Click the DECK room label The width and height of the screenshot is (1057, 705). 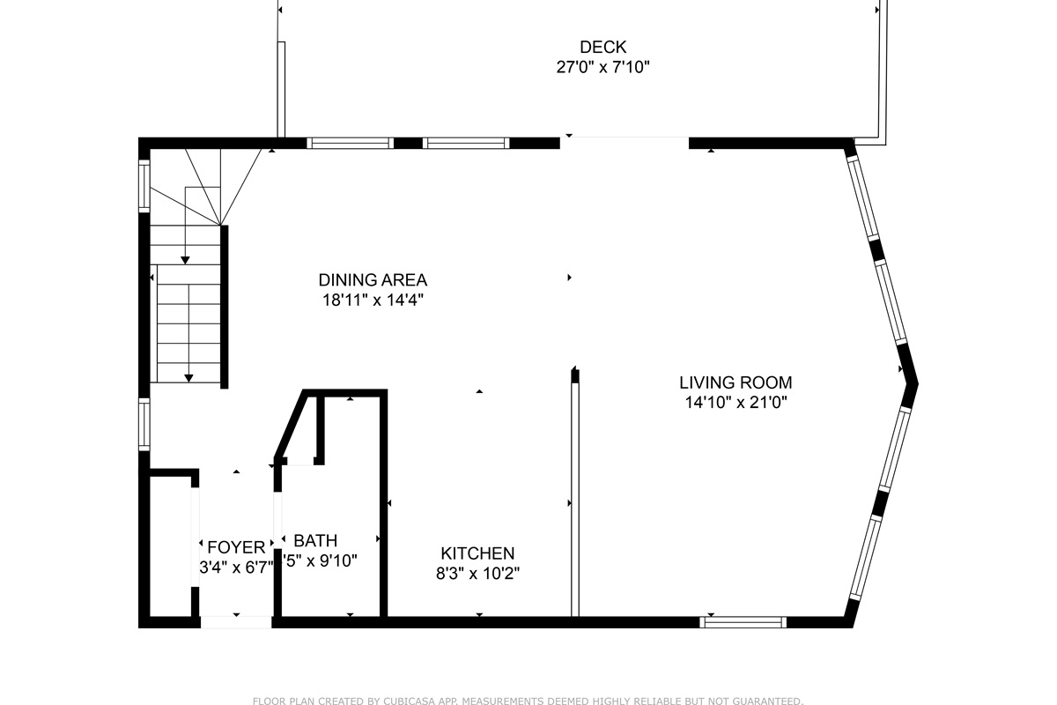602,47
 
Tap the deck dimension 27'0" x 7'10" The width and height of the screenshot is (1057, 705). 602,67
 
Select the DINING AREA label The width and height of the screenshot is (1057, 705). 373,280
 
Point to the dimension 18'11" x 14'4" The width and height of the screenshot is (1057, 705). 373,300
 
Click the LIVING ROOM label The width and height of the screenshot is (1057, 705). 735,382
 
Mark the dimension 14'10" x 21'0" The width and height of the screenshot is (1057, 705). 735,403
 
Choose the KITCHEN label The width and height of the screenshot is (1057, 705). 477,553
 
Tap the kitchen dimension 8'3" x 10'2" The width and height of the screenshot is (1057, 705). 477,573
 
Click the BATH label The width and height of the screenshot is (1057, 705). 315,540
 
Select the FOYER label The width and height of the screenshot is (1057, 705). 236,547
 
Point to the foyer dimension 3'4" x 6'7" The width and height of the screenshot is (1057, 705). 236,568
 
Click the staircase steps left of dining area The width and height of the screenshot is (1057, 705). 188,322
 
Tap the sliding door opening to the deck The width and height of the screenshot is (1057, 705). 624,138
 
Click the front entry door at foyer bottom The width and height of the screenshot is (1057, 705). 236,622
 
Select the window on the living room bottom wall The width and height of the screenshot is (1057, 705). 743,622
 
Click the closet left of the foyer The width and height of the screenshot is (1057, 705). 170,546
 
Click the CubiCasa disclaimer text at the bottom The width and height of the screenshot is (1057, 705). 528,701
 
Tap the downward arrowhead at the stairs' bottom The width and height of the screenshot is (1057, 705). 188,378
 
